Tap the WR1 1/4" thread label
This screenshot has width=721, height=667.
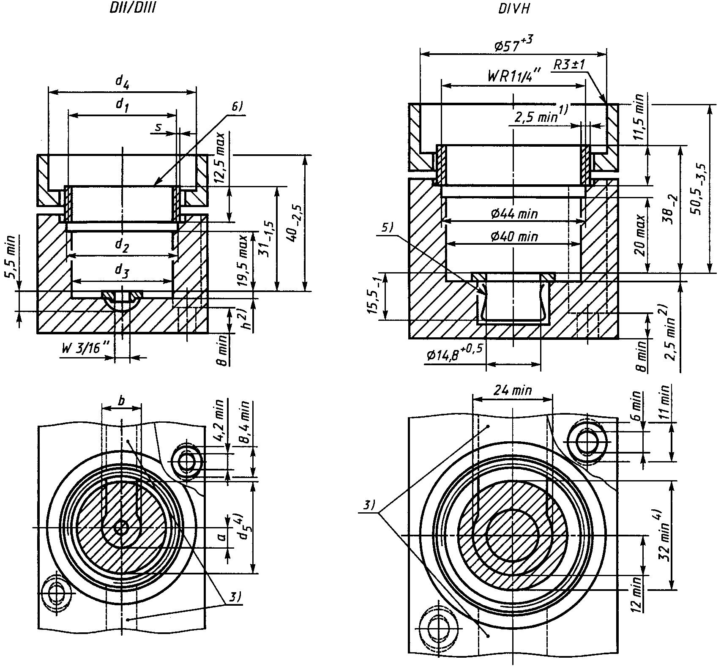pos(513,77)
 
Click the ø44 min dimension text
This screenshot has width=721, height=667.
pos(514,214)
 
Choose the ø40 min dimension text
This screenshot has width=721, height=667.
pos(514,237)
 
